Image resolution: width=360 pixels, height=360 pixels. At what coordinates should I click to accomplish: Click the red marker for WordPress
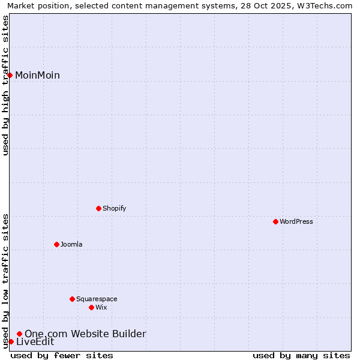pyautogui.click(x=275, y=221)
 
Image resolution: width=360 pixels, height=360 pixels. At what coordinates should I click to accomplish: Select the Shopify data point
pyautogui.click(x=98, y=208)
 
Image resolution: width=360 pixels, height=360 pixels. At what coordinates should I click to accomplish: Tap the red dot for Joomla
pyautogui.click(x=56, y=244)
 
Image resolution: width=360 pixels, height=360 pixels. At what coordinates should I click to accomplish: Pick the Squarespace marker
pyautogui.click(x=72, y=299)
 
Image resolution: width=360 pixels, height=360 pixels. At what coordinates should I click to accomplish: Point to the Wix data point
pyautogui.click(x=91, y=307)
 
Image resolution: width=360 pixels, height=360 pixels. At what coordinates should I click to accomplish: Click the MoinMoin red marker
pyautogui.click(x=10, y=75)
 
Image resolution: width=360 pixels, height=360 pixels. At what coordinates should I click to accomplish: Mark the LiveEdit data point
pyautogui.click(x=11, y=341)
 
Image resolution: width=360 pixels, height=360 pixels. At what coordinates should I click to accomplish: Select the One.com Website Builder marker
pyautogui.click(x=19, y=334)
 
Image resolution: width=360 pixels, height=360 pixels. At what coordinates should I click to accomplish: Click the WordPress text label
pyautogui.click(x=296, y=222)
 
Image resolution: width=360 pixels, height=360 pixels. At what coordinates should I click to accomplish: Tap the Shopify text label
pyautogui.click(x=115, y=209)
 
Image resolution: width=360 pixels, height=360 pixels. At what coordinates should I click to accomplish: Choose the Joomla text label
pyautogui.click(x=71, y=245)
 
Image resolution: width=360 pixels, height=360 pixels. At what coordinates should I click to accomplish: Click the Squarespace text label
pyautogui.click(x=97, y=299)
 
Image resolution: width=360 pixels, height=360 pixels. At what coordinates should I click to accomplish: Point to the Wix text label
pyautogui.click(x=101, y=308)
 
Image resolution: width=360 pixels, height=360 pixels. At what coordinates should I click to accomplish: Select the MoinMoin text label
pyautogui.click(x=37, y=76)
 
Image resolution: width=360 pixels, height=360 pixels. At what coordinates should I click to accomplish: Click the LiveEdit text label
pyautogui.click(x=35, y=342)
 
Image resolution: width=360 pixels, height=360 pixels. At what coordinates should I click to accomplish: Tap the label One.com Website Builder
pyautogui.click(x=85, y=334)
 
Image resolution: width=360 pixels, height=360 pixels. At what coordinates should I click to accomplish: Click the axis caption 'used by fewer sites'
pyautogui.click(x=62, y=355)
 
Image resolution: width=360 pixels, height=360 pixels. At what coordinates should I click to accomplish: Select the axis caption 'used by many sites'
pyautogui.click(x=301, y=355)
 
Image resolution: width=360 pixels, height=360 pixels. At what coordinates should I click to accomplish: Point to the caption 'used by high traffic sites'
pyautogui.click(x=6, y=85)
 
